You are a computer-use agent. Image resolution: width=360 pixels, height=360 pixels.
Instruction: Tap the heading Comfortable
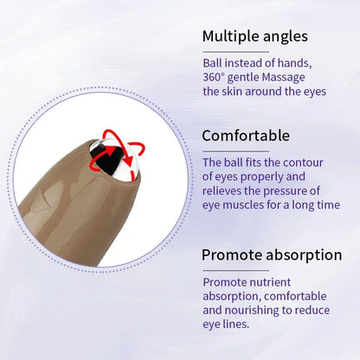click(x=247, y=136)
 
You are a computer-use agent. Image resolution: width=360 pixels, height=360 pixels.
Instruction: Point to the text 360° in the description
click(x=215, y=78)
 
